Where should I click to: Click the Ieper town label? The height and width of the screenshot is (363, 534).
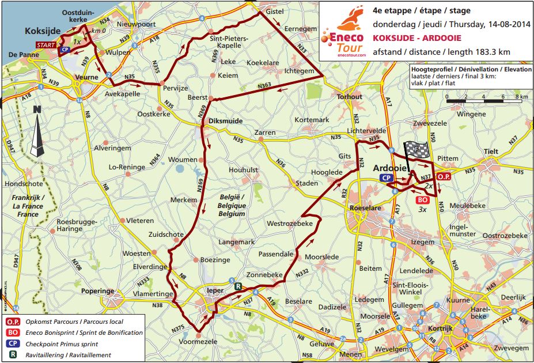(214, 292)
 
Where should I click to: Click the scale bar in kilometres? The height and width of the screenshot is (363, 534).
(484, 99)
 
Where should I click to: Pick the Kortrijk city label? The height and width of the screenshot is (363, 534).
(440, 328)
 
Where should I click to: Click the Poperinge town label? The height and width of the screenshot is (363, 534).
(99, 292)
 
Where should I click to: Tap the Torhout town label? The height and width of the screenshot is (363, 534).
(350, 97)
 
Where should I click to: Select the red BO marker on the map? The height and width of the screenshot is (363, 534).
(421, 200)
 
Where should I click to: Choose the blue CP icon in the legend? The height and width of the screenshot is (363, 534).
(12, 343)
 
